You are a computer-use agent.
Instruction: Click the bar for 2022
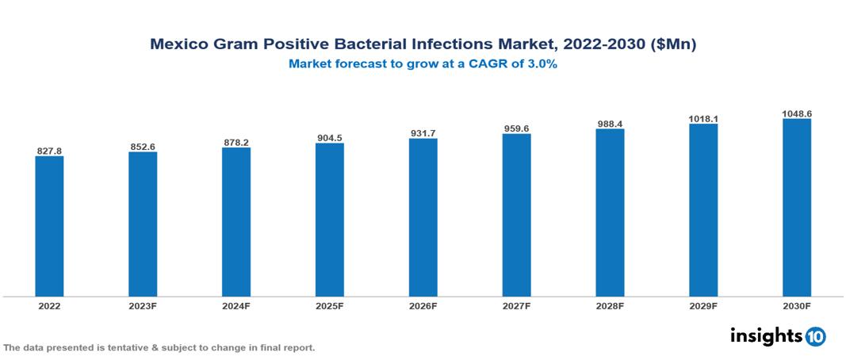(49, 226)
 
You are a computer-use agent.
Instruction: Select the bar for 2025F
(330, 220)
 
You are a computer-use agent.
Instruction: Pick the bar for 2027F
(517, 215)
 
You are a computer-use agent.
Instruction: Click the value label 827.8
(49, 150)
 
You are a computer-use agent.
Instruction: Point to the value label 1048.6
(797, 113)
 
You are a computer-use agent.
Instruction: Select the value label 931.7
(423, 132)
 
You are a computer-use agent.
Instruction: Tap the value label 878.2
(236, 142)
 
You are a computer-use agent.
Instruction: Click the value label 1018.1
(703, 118)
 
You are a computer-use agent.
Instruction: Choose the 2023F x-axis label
(143, 305)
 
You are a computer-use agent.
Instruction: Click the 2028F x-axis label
(610, 305)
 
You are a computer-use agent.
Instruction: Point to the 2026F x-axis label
(423, 305)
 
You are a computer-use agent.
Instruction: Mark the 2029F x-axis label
(703, 305)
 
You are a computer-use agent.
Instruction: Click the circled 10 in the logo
(815, 337)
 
